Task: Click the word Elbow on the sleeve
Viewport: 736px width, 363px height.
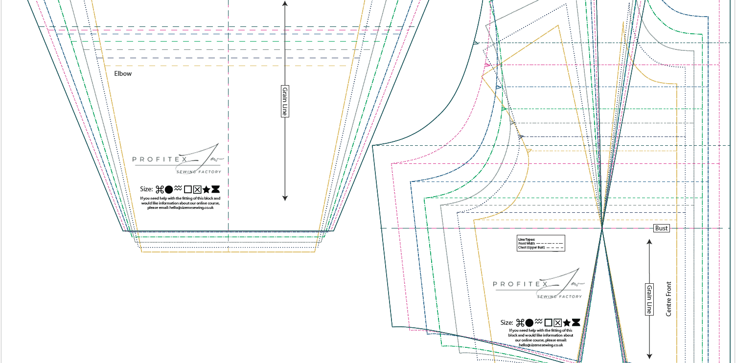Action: click(x=123, y=74)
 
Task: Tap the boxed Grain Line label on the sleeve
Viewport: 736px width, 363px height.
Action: click(x=285, y=101)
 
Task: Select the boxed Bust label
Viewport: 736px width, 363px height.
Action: click(x=661, y=228)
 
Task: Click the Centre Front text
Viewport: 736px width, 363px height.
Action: click(x=669, y=298)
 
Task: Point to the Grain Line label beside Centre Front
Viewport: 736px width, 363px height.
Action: click(x=649, y=299)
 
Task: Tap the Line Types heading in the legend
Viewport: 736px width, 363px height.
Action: click(x=526, y=239)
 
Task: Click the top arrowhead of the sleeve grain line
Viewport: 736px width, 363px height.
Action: click(x=285, y=3)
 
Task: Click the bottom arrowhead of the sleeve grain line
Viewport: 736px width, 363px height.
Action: click(x=285, y=198)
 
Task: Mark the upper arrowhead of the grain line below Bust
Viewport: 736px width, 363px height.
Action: click(x=649, y=242)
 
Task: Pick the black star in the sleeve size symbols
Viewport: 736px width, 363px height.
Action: click(x=206, y=189)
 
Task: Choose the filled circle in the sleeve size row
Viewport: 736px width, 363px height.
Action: click(x=168, y=189)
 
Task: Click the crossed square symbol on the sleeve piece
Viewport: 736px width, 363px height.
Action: click(x=197, y=189)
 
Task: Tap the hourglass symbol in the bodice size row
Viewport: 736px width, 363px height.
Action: click(x=576, y=322)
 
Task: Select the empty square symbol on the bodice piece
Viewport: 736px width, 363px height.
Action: click(x=549, y=322)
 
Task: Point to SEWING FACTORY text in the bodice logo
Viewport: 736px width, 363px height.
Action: click(x=559, y=296)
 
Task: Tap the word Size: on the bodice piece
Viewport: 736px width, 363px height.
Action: click(x=507, y=323)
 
